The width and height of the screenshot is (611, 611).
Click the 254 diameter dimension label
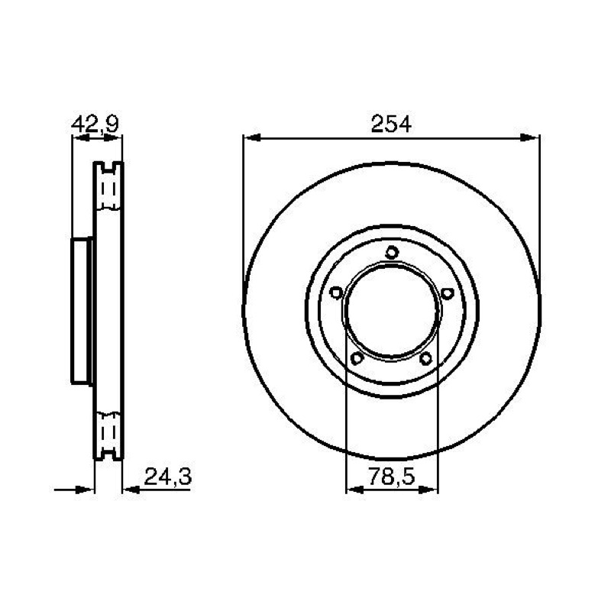(x=391, y=124)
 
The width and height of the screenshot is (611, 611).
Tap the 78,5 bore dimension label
(x=392, y=476)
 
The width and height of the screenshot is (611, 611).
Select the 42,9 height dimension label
(x=95, y=124)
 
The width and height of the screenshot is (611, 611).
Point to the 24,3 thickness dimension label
(x=168, y=476)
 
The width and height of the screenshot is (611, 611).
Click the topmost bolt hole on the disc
(x=392, y=253)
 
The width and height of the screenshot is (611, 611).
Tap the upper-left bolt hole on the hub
(x=336, y=293)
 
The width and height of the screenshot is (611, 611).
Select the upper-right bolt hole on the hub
(x=448, y=293)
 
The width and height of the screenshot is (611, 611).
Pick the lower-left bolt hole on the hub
(x=357, y=358)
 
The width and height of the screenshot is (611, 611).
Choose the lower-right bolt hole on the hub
(x=426, y=358)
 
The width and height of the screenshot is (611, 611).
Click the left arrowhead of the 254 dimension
(x=252, y=137)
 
